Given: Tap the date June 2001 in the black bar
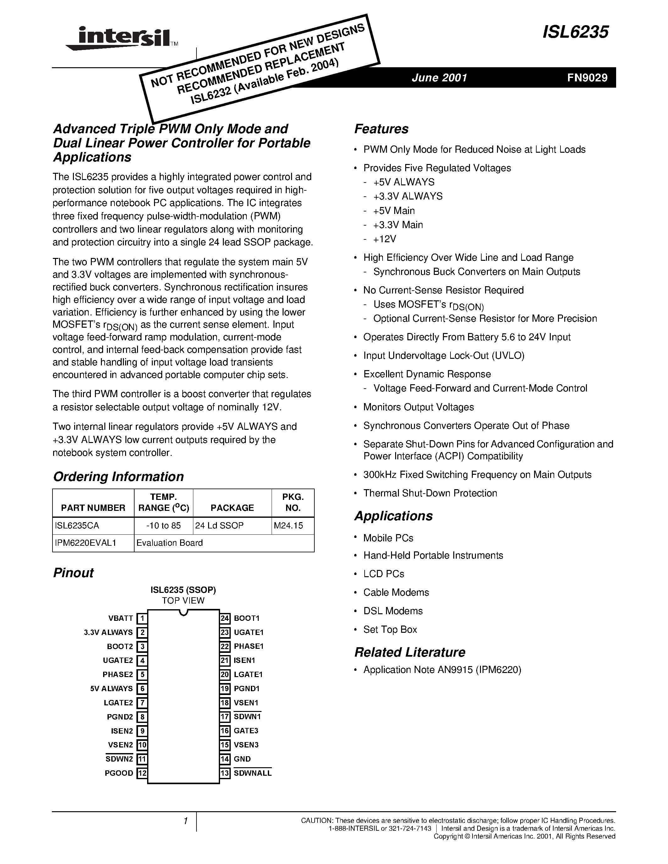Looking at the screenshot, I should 439,78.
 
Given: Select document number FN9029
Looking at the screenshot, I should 587,78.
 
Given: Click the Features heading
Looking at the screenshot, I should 381,129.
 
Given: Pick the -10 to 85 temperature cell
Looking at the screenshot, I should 163,525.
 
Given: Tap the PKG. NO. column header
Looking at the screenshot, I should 293,502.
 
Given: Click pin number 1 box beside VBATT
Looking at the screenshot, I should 142,618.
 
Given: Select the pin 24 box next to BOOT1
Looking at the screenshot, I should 225,618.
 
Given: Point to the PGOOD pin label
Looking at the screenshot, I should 119,773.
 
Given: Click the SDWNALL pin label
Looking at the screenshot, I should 252,773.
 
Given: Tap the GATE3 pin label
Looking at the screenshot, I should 246,731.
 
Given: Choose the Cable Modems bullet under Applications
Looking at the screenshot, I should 396,592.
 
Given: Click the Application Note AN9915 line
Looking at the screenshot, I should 442,670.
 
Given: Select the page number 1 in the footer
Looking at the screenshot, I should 185,821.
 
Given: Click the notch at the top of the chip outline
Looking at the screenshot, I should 183,612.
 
